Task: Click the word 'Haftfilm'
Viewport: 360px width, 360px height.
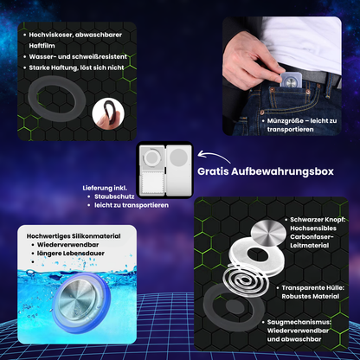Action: point(42,46)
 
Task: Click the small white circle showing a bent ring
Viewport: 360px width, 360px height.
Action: point(108,113)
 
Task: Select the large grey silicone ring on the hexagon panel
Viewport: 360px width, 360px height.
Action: point(57,99)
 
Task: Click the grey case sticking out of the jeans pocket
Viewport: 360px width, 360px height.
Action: point(292,80)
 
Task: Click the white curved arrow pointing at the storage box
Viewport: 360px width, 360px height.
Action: point(214,157)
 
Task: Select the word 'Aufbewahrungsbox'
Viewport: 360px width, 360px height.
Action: point(282,171)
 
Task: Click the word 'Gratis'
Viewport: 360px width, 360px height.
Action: point(213,171)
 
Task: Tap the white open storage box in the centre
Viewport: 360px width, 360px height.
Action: point(164,170)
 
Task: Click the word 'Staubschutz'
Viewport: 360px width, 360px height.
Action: point(114,196)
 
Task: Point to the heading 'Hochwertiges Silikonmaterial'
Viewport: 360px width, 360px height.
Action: point(74,236)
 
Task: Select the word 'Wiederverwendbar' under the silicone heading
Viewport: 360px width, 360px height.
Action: point(67,245)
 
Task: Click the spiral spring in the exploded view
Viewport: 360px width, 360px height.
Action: point(246,280)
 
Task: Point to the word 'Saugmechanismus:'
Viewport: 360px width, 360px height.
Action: point(299,322)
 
